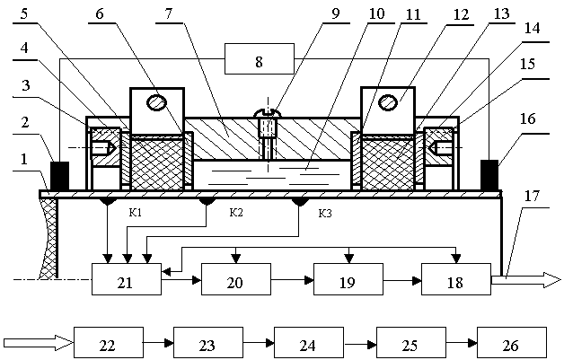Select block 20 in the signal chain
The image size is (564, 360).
235,280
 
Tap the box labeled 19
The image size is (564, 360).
348,280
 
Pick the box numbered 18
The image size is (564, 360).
456,280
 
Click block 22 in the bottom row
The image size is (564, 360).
108,343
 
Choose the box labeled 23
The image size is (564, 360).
207,343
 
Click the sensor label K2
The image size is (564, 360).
236,213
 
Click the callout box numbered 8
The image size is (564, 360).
260,62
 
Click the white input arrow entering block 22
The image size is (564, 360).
38,342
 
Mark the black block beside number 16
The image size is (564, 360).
490,174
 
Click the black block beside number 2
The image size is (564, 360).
60,174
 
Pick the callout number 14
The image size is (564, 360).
533,29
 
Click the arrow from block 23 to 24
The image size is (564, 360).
258,343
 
